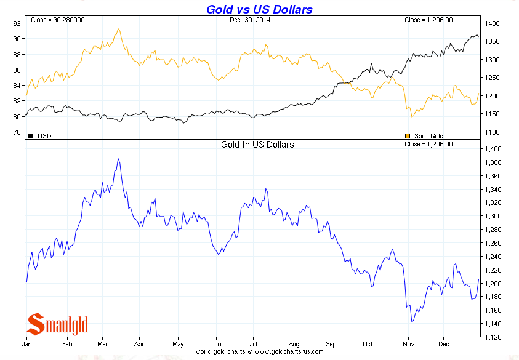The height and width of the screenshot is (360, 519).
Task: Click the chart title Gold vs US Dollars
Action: (259, 9)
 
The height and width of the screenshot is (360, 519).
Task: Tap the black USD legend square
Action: (31, 135)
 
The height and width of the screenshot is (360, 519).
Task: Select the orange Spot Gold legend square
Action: (407, 135)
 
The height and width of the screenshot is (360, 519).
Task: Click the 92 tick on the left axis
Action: (17, 23)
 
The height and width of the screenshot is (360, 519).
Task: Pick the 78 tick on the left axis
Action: (17, 132)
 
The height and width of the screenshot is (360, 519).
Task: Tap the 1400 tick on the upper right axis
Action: (491, 23)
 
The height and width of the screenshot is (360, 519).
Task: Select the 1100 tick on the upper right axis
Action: (491, 132)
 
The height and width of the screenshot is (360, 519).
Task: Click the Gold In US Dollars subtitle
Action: (257, 145)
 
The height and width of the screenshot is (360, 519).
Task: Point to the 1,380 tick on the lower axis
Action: (495, 162)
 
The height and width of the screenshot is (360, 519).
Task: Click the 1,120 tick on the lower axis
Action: (495, 337)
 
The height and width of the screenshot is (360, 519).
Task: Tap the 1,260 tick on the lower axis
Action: (495, 243)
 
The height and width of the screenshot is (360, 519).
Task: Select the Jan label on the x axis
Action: (27, 344)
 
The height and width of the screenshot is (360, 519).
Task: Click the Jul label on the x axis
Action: (254, 344)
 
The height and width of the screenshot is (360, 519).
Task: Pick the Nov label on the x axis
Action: (407, 344)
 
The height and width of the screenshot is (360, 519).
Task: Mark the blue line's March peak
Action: (118, 159)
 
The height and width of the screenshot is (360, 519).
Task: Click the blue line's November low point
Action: (411, 322)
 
